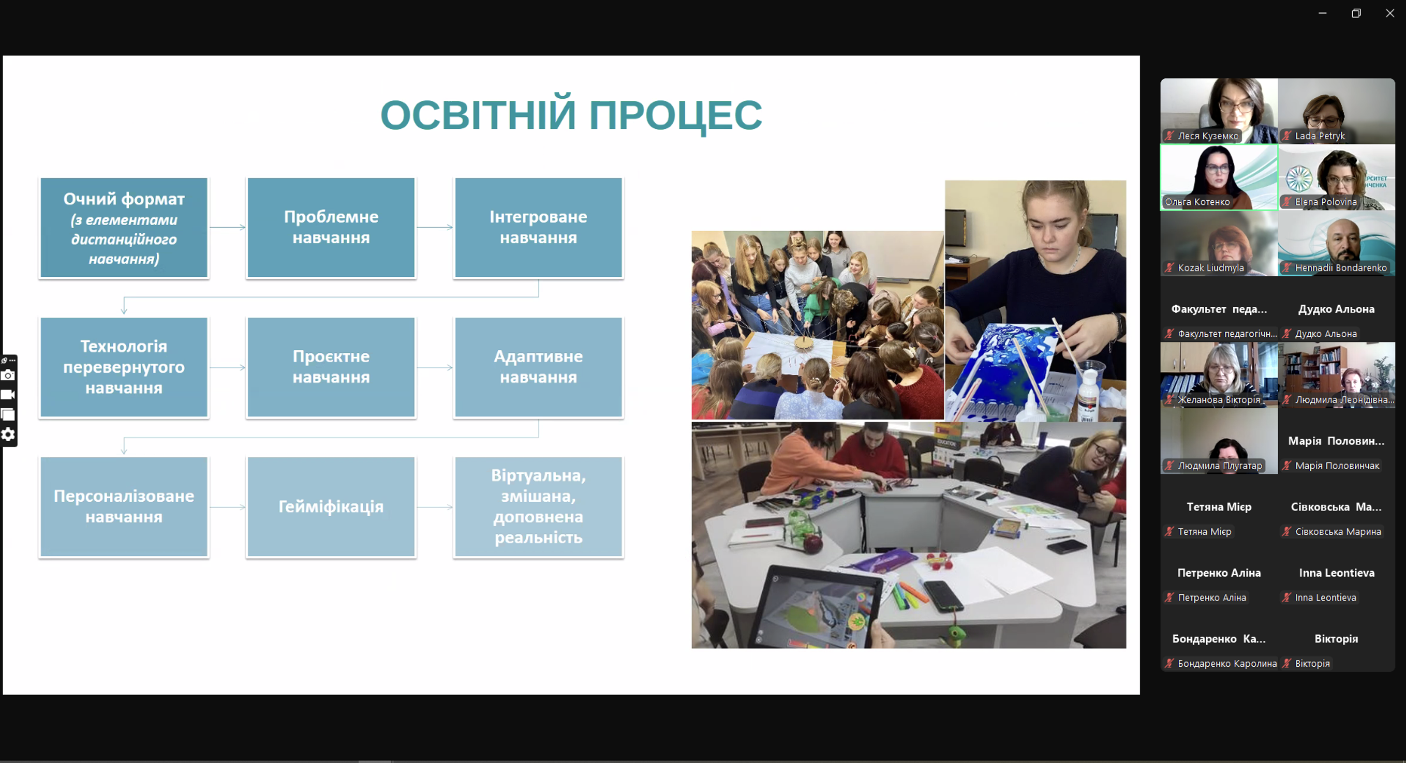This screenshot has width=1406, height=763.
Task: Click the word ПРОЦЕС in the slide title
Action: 675,115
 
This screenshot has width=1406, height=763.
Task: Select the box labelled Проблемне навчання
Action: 331,228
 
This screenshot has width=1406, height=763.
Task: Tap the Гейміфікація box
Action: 331,507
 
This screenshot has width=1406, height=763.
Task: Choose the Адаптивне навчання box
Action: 538,367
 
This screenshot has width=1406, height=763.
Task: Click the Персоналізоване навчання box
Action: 124,507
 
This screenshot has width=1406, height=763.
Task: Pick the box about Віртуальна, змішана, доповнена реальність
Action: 538,507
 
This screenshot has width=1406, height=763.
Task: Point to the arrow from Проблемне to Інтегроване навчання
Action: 435,227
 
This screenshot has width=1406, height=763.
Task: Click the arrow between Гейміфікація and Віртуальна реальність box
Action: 435,507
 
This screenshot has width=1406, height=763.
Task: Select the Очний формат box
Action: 124,228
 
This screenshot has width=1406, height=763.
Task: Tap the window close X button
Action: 1389,13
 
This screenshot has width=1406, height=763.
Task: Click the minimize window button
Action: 1323,13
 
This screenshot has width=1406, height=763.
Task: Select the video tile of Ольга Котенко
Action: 1219,177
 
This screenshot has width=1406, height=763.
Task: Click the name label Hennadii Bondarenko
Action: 1340,267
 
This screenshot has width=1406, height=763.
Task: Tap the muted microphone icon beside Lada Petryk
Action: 1286,136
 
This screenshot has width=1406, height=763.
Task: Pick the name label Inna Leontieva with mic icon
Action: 1319,597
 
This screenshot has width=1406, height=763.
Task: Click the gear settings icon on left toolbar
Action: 8,435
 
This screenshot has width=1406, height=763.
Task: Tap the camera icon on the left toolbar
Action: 8,376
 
